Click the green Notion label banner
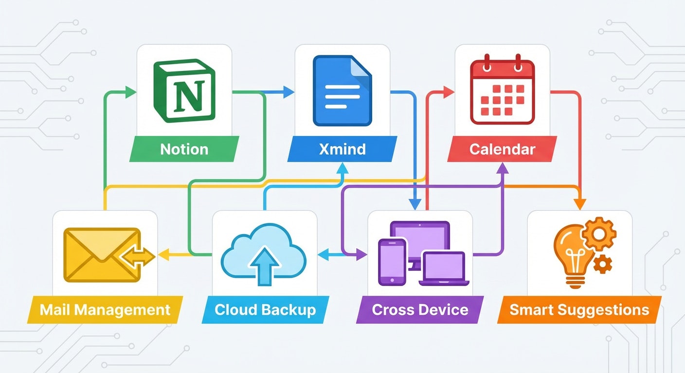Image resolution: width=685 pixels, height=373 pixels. pyautogui.click(x=184, y=149)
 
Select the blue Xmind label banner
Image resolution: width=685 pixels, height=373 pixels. pyautogui.click(x=342, y=149)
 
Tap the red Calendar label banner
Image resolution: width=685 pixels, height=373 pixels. pyautogui.click(x=502, y=149)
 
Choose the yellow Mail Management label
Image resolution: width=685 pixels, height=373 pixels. pyautogui.click(x=105, y=309)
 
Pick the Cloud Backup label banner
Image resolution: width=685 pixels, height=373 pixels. pyautogui.click(x=265, y=309)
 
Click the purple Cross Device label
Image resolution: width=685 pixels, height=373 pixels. pyautogui.click(x=420, y=309)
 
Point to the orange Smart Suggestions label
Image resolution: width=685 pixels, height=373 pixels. pyautogui.click(x=579, y=309)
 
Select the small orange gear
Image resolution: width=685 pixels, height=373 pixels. pyautogui.click(x=603, y=263)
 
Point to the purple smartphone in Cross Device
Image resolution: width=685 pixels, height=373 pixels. pyautogui.click(x=392, y=261)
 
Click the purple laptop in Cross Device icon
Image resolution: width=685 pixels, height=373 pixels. pyautogui.click(x=444, y=269)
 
